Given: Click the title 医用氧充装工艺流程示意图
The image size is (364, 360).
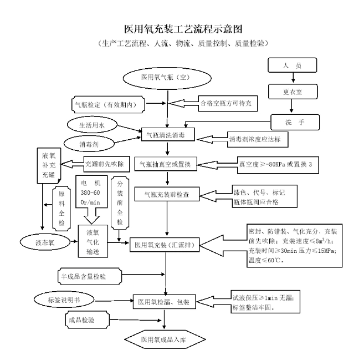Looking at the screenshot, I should point(182,28).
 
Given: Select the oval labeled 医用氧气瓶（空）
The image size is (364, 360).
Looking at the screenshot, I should point(165,77).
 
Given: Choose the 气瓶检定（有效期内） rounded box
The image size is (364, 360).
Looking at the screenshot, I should point(110,104).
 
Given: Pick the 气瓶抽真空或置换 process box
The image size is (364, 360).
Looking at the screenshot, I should point(166,165).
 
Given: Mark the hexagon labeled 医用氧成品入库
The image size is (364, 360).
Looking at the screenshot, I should point(165,339).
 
